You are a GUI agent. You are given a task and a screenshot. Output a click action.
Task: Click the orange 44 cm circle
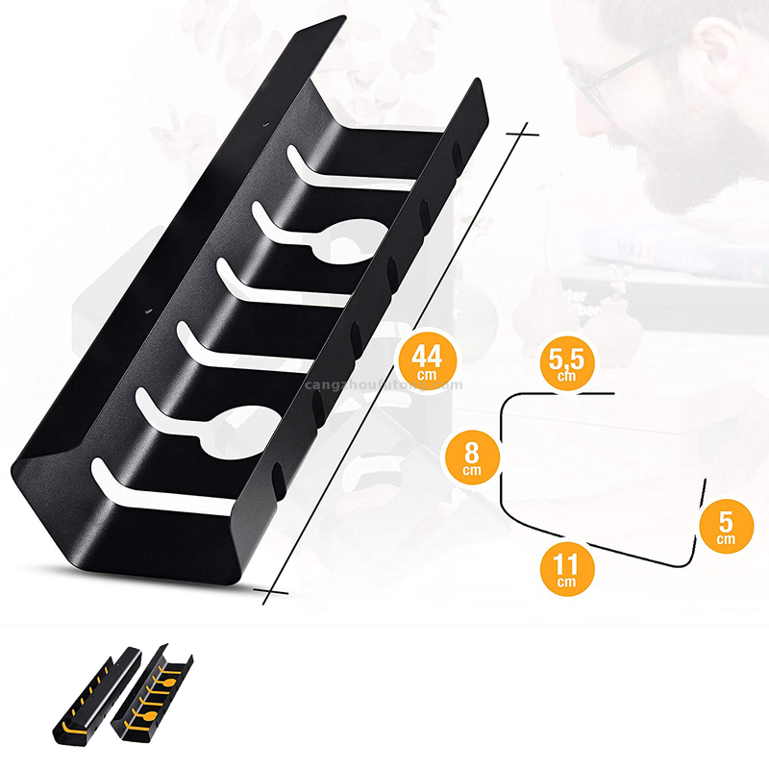[x=426, y=360]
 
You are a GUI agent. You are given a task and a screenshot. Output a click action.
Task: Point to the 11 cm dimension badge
[x=566, y=567]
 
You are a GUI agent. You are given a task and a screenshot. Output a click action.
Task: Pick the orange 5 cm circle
[x=726, y=526]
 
